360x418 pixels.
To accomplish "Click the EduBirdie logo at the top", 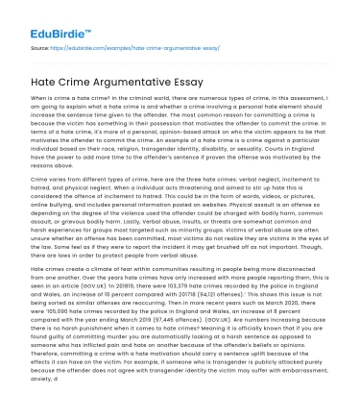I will point(50,18).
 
